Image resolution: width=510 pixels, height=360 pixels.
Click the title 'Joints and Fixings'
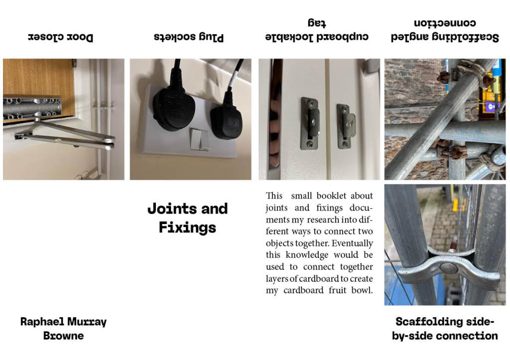(x=188, y=218)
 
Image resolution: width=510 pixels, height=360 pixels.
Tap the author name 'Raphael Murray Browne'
(x=63, y=329)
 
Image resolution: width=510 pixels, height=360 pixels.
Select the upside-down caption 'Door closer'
(x=60, y=37)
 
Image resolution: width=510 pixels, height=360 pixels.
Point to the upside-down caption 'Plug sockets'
(x=189, y=37)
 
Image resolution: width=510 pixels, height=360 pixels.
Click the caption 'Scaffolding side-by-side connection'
(x=445, y=329)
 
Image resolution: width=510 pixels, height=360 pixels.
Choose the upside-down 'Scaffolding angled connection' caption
(x=445, y=30)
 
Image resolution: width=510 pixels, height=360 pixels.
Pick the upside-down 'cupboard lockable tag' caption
(x=317, y=30)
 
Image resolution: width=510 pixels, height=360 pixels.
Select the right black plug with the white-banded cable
(x=227, y=119)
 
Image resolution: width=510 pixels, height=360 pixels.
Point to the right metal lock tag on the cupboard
(x=346, y=126)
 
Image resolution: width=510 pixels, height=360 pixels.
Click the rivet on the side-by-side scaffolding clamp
(x=448, y=268)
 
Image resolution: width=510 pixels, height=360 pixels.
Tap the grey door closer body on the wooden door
(x=32, y=108)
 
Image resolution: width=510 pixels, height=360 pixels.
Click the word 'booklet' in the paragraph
(x=331, y=196)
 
